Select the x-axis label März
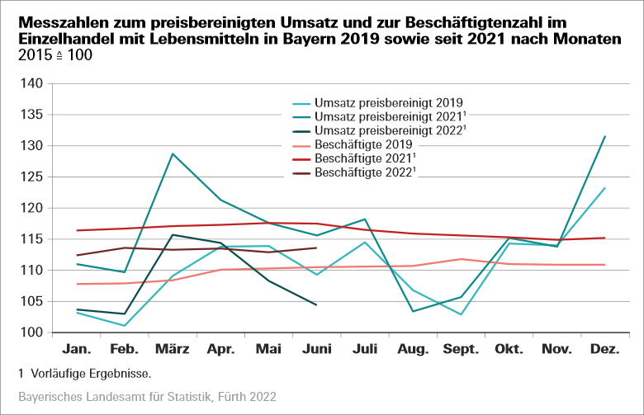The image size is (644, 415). [172, 350]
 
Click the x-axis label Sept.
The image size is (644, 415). [460, 350]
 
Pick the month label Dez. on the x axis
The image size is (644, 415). [605, 350]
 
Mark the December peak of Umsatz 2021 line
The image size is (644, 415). [605, 136]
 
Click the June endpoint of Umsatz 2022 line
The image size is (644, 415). [316, 304]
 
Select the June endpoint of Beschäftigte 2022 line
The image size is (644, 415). [316, 248]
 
